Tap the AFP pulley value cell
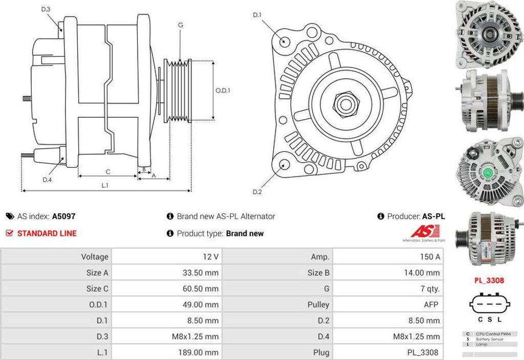(x=431, y=305)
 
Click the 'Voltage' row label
(x=95, y=257)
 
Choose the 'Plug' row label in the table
(x=321, y=353)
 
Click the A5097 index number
(x=63, y=216)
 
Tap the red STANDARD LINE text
(x=47, y=233)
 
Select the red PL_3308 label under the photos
(x=489, y=280)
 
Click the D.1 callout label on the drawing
(x=257, y=15)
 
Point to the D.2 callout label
(x=257, y=192)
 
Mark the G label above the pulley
(x=181, y=25)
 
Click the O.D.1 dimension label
(x=223, y=90)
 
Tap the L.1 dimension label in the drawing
(x=105, y=185)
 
